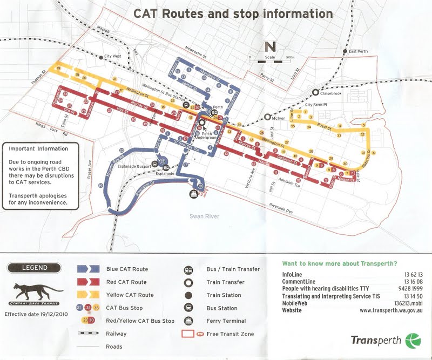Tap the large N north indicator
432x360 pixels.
coord(271,46)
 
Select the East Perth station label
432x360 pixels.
coord(361,51)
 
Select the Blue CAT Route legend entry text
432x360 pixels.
coord(127,269)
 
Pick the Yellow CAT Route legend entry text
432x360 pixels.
coord(130,295)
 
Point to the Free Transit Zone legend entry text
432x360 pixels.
coord(230,334)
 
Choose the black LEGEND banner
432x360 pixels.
coord(35,267)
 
